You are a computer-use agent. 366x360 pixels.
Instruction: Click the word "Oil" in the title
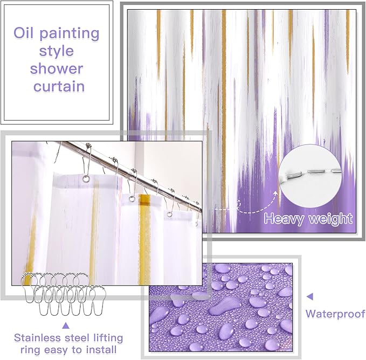23,32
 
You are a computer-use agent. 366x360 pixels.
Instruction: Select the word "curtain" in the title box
59,86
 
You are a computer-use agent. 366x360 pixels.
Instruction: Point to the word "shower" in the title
57,68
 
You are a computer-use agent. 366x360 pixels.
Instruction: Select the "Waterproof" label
335,314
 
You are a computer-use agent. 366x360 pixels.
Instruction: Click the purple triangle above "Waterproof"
310,297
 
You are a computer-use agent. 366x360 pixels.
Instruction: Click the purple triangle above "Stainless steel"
66,326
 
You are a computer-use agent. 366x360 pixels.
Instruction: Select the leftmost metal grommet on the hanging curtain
86,179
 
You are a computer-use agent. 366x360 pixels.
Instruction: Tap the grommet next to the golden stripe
132,199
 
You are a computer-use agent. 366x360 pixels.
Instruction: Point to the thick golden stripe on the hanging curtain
144,239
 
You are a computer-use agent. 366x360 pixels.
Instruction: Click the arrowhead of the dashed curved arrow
275,193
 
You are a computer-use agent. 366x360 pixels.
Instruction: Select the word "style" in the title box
57,51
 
